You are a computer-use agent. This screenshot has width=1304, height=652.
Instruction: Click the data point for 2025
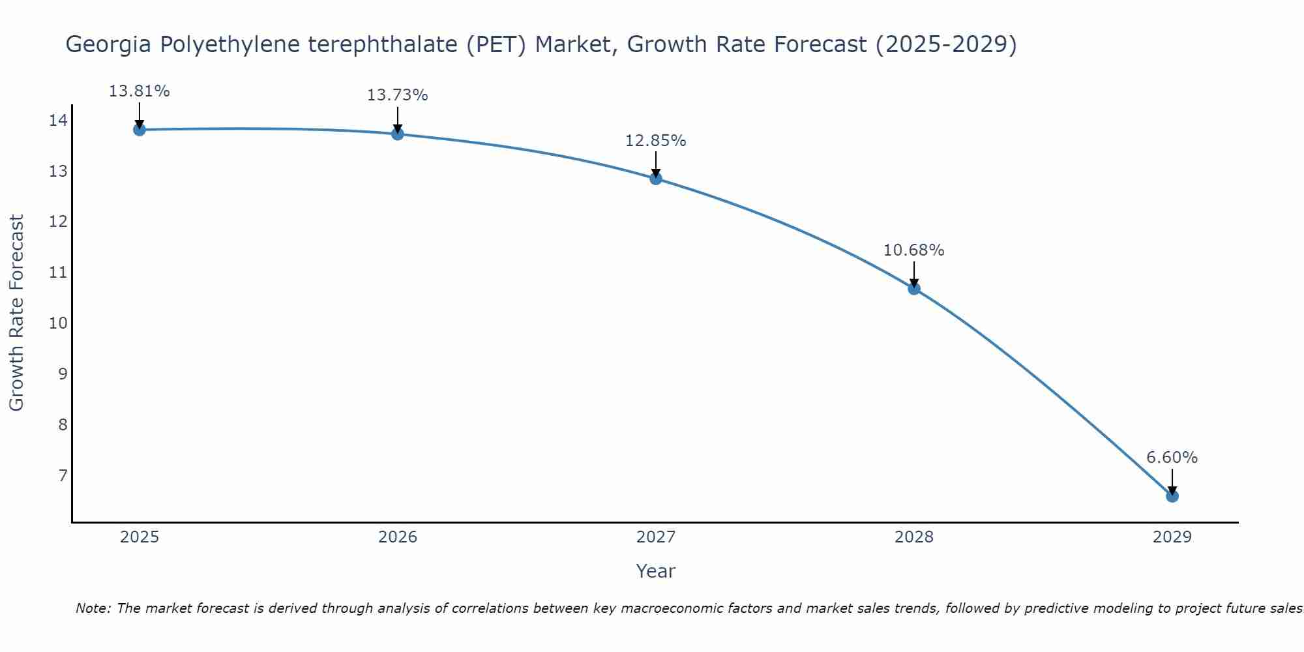[x=139, y=129]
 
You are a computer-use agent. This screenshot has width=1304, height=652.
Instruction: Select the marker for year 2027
[x=655, y=178]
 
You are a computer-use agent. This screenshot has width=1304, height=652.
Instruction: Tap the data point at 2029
[x=1172, y=496]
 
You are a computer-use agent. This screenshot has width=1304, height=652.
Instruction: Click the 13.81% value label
[x=139, y=91]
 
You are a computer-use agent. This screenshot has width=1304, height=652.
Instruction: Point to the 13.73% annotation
[x=397, y=95]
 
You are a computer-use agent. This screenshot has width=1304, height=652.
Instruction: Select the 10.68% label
[x=913, y=250]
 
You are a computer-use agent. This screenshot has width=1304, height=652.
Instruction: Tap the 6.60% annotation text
[x=1172, y=458]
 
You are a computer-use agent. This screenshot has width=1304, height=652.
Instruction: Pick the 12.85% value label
[x=655, y=141]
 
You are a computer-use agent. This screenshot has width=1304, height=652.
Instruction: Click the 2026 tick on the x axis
[x=398, y=537]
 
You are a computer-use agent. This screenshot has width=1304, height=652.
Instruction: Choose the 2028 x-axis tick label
[x=913, y=537]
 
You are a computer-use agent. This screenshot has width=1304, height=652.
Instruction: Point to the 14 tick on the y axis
[x=58, y=120]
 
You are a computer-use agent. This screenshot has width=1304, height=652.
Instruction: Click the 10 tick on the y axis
[x=58, y=323]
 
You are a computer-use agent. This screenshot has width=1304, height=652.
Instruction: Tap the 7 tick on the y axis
[x=63, y=475]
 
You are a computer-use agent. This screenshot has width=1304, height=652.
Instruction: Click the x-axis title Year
[x=655, y=571]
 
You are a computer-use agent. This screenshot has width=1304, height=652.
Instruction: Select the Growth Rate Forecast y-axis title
[x=17, y=313]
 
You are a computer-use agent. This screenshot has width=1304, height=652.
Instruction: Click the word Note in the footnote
[x=94, y=608]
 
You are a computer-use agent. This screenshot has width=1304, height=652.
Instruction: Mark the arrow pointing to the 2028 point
[x=913, y=274]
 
